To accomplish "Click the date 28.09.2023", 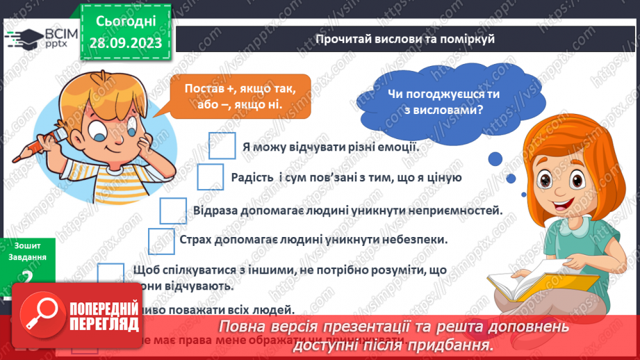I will click(x=126, y=43).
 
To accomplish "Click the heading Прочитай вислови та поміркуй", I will click(x=404, y=40).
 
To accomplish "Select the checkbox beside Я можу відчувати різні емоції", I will click(x=222, y=147).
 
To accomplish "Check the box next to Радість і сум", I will click(x=211, y=177).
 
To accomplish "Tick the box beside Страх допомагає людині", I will click(x=161, y=240).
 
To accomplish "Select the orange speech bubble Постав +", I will click(x=230, y=96).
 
